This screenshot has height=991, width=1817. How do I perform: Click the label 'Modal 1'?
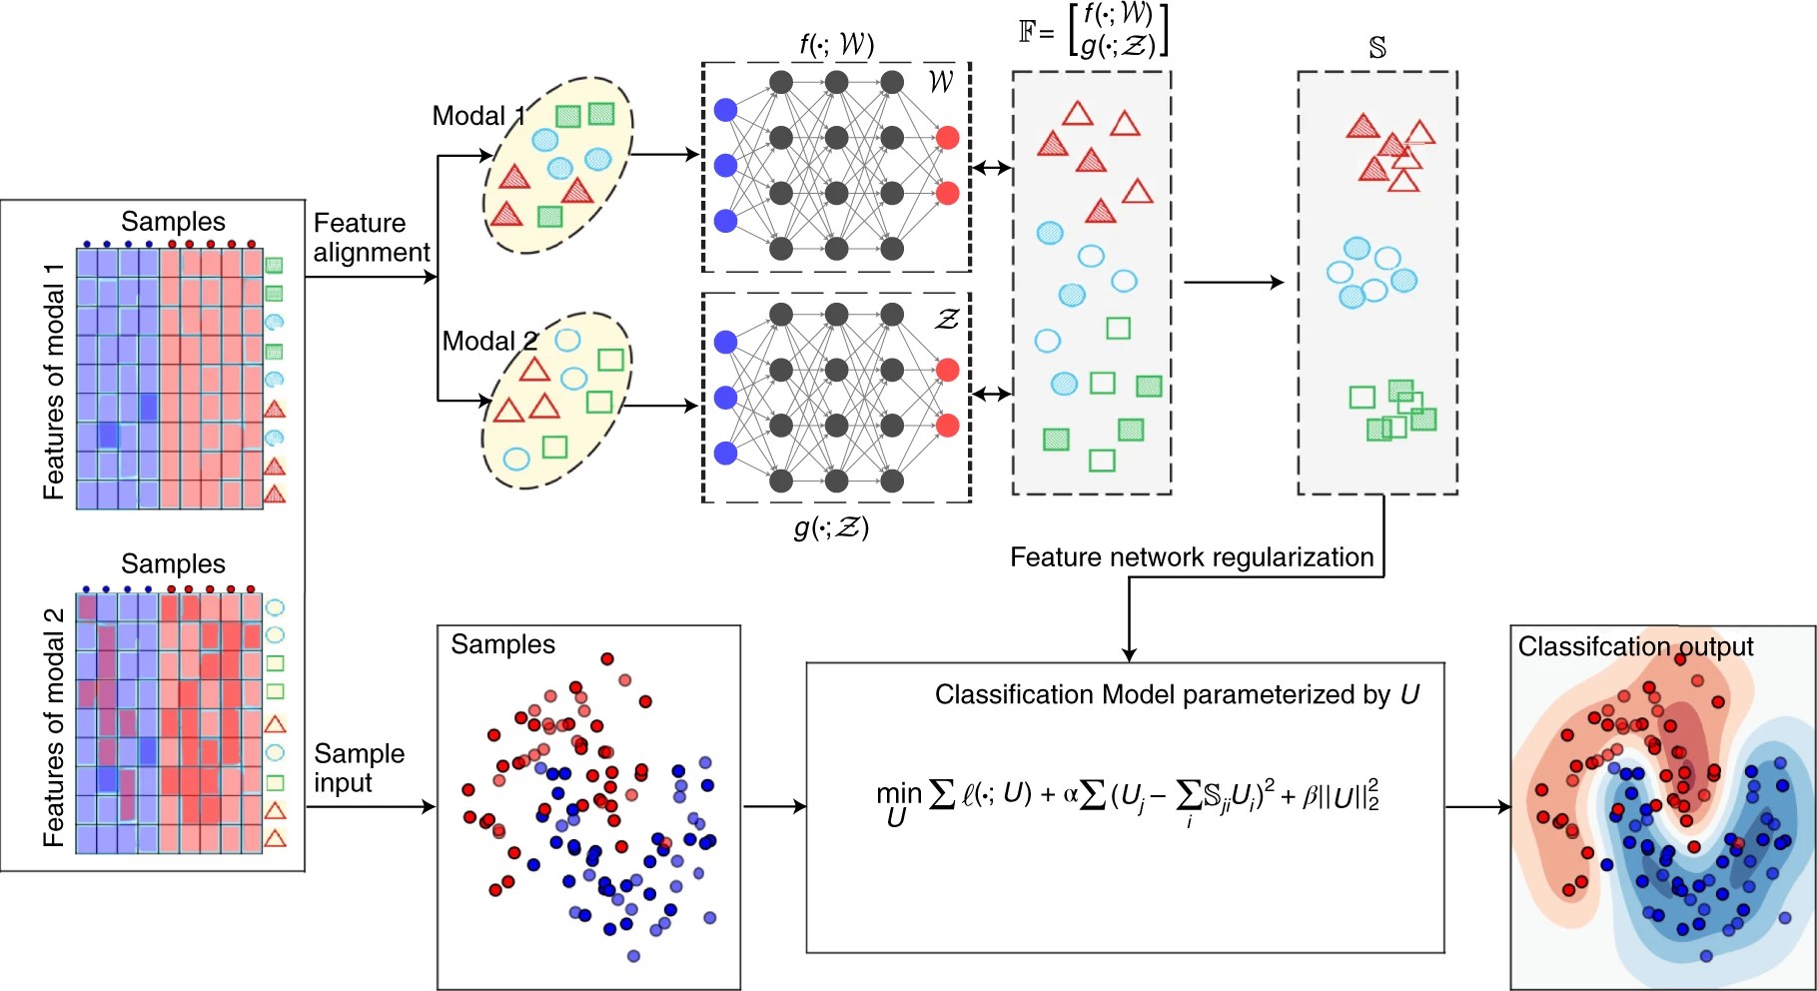pos(477,116)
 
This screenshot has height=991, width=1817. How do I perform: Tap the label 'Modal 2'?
pos(489,342)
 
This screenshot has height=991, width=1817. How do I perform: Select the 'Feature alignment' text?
pos(371,238)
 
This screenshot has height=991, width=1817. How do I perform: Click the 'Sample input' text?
pos(359,767)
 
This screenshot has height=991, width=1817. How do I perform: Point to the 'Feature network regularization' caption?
pos(1192,557)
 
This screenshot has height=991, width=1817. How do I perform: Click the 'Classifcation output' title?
pos(1635,646)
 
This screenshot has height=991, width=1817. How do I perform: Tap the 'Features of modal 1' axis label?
pos(54,382)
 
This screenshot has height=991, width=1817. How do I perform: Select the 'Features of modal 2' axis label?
pos(54,727)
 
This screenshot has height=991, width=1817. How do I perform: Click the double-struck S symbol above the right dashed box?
pos(1377,48)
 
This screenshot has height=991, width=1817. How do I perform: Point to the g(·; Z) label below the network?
pos(831,526)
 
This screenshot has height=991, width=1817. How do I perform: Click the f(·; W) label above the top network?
pos(836,44)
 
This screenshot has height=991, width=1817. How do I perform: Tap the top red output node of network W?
pos(948,138)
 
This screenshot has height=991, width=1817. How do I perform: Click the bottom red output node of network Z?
pos(948,426)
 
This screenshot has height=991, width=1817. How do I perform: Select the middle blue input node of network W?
pos(726,166)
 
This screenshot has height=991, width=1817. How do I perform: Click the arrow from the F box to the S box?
pos(1234,283)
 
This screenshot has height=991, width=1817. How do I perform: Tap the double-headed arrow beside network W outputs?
pos(991,168)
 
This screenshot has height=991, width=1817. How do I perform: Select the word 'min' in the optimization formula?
pos(898,793)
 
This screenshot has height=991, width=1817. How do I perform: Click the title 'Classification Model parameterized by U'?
pos(1176,694)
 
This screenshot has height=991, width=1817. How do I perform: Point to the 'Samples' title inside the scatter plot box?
pos(502,644)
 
